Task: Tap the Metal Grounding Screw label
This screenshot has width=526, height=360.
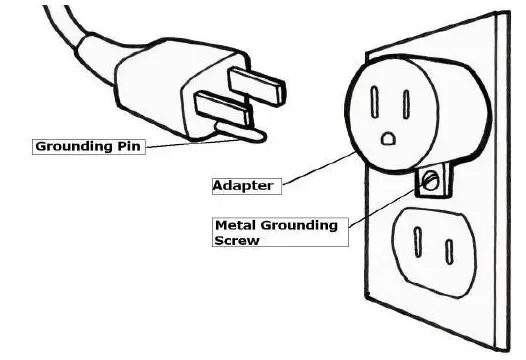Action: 275,232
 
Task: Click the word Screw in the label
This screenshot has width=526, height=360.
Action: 237,241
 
